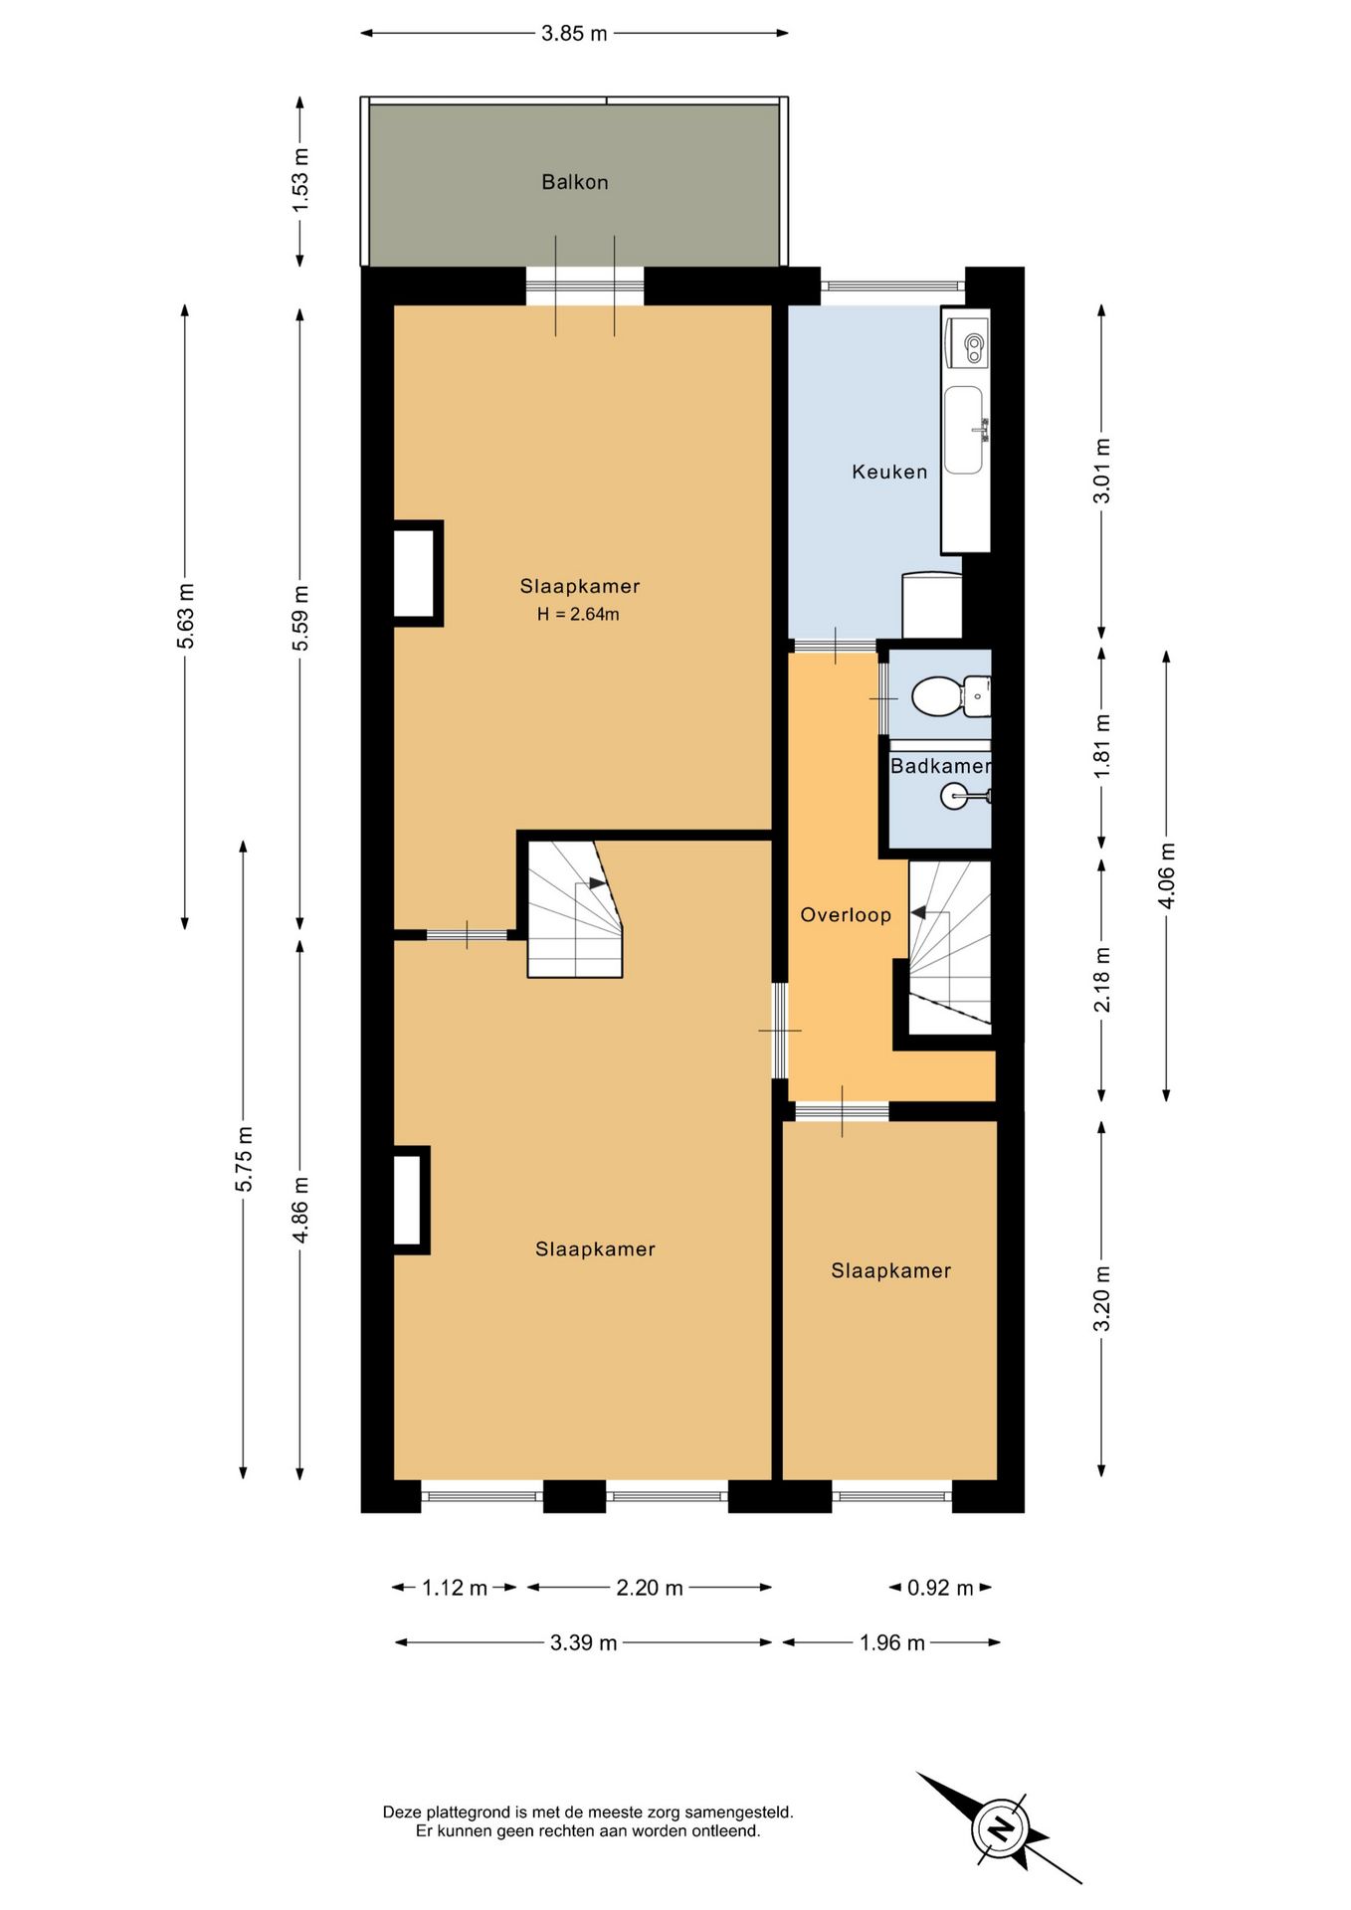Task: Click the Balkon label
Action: pos(574,182)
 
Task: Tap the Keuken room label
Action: pos(889,472)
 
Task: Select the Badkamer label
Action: pos(940,766)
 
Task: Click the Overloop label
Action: pos(846,915)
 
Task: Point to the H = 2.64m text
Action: pos(578,615)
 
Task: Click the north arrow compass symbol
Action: pos(999,1828)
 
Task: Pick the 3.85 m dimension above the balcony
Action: pos(574,33)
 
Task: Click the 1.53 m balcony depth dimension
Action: pos(300,179)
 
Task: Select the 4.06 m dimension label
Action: pos(1167,875)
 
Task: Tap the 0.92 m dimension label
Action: pos(940,1588)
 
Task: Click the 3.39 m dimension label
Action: pos(584,1642)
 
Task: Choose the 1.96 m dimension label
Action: pos(892,1642)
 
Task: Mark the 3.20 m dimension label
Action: pos(1101,1298)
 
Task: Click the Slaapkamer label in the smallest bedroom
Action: pos(891,1270)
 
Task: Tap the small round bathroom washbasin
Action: pos(955,796)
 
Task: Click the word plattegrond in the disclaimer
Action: pos(463,1813)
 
